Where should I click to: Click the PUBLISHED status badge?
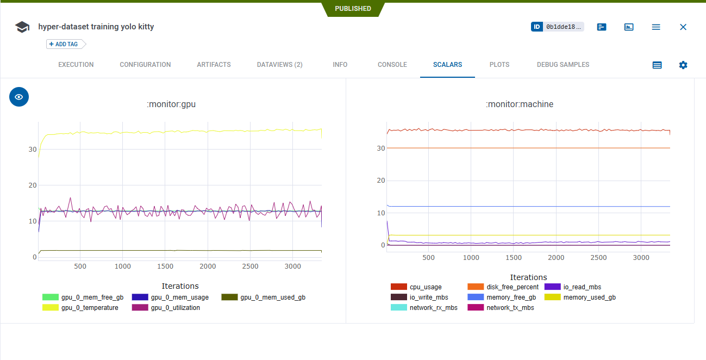pos(353,9)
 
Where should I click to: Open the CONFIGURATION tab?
pos(145,65)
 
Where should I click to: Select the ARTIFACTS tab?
pos(214,65)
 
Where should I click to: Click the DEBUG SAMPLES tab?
pos(563,65)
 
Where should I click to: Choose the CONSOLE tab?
pos(392,65)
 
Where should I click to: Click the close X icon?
pos(683,27)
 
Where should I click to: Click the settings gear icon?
pos(683,65)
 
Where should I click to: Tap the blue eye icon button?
pos(19,97)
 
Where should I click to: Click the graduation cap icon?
pos(22,27)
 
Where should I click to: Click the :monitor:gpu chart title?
pos(171,104)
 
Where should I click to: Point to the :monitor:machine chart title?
pos(520,104)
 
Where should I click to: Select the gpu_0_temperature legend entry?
pos(89,308)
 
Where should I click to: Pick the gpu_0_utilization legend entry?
pos(175,308)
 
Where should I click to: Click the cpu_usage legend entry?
pos(426,287)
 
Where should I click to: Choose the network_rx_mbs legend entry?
pos(433,308)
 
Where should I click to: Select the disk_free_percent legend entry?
pos(513,287)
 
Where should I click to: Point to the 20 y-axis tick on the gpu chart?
pos(33,185)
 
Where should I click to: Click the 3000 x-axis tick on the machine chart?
pos(641,258)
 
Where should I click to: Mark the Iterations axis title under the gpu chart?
pos(180,286)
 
